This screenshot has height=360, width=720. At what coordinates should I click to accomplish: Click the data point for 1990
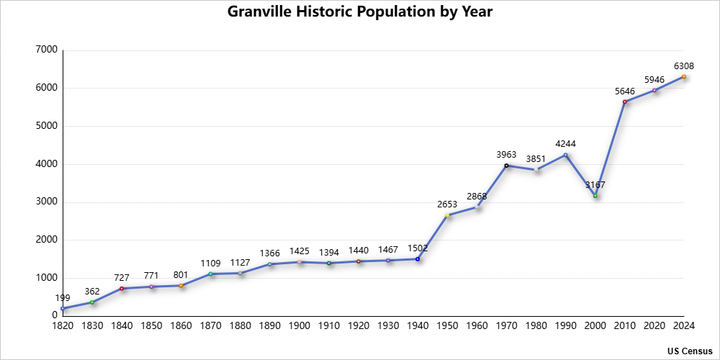tap(565, 155)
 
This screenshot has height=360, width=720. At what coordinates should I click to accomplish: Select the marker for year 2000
tap(595, 196)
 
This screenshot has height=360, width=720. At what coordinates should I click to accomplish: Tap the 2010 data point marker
tap(625, 102)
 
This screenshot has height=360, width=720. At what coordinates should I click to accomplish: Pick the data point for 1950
tap(447, 215)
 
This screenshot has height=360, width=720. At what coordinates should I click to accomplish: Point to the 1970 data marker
tap(506, 166)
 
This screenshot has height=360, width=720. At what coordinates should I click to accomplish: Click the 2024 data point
tap(684, 76)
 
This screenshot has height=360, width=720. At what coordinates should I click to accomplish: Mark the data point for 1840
tap(122, 288)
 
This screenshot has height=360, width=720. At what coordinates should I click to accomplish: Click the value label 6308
tap(684, 66)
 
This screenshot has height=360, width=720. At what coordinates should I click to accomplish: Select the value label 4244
tap(565, 144)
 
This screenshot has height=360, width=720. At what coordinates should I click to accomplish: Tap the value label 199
tap(63, 297)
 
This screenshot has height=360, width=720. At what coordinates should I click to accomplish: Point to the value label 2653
tap(447, 204)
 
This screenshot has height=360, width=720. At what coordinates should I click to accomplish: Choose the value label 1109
tap(210, 263)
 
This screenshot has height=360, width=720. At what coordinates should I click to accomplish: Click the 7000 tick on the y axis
tap(46, 50)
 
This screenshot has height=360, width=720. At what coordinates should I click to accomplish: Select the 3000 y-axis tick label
tap(46, 202)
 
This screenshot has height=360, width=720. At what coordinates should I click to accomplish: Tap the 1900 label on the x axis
tap(300, 326)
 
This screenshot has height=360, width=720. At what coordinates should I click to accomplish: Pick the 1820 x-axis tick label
tap(63, 326)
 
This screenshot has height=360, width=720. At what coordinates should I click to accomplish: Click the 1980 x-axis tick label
tap(536, 326)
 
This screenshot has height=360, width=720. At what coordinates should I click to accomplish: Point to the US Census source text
tap(689, 351)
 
